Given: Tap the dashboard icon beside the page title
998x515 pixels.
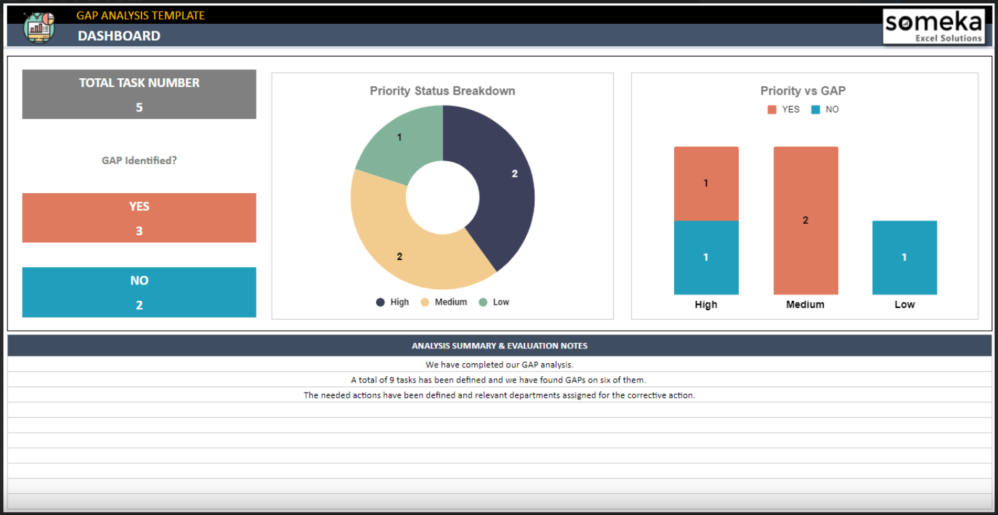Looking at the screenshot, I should (39, 27).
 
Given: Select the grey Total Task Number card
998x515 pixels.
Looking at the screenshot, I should (139, 94).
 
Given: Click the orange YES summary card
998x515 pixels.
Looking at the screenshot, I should (139, 218).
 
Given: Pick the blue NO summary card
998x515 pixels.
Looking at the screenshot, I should (139, 292).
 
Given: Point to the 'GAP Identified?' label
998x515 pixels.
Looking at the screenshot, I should (139, 161).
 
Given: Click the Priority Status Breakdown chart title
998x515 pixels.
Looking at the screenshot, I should (442, 90).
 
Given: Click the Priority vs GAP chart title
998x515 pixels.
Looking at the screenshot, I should (803, 90).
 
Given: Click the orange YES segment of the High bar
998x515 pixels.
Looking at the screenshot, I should (706, 184).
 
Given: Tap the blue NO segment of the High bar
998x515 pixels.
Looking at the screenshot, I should (706, 257).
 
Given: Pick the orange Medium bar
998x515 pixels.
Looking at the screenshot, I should (805, 220).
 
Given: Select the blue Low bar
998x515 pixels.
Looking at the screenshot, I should (904, 257).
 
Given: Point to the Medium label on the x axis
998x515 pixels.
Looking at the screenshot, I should (805, 305).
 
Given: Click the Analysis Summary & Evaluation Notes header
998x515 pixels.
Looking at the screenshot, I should (499, 346).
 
